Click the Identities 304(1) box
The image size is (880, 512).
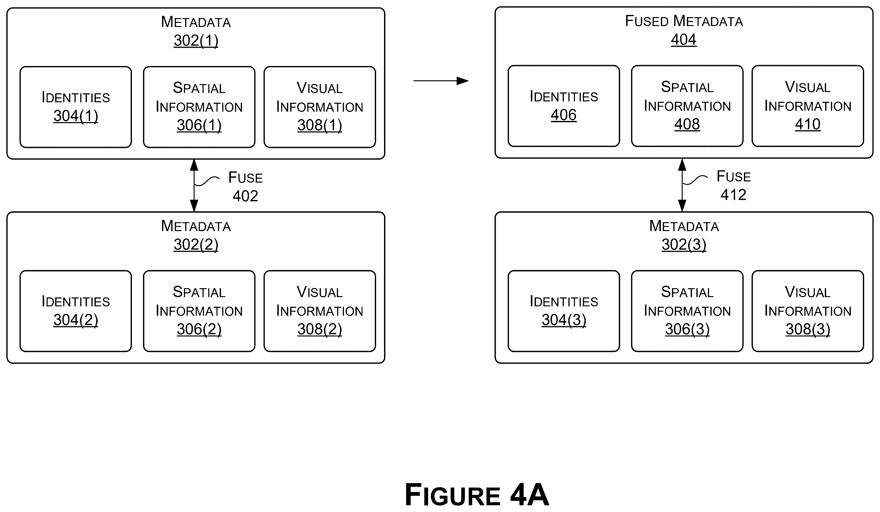[76, 107]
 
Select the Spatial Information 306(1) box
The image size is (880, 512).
[199, 107]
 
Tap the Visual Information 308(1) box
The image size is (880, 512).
[320, 107]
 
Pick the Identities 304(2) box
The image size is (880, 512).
[76, 311]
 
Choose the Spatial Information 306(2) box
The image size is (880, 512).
[199, 311]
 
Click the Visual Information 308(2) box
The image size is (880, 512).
[320, 311]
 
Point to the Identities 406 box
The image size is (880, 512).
[564, 106]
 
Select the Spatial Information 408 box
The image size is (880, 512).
[687, 106]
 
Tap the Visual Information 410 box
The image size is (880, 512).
[808, 106]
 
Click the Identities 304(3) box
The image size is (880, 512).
[564, 311]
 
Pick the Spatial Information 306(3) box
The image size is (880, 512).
[687, 311]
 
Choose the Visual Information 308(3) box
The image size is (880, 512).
[808, 311]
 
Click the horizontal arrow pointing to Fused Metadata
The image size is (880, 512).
[441, 81]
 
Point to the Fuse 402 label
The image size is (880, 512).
[245, 187]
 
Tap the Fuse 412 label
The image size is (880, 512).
[733, 186]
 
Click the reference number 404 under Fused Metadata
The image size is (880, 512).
[683, 39]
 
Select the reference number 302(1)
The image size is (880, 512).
[196, 41]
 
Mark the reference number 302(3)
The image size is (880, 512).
[684, 245]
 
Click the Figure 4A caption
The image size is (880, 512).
[477, 494]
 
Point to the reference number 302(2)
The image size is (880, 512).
[196, 245]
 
